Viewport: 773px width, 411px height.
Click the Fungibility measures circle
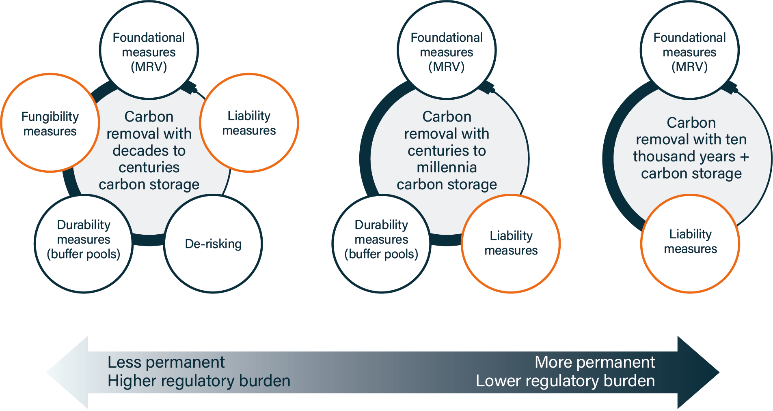50,123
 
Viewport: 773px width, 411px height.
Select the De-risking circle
213,244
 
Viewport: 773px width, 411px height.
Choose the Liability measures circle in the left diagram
249,123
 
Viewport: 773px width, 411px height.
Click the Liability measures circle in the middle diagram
511,243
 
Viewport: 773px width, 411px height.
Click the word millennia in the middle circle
447,167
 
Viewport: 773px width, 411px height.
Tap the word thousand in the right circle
684,156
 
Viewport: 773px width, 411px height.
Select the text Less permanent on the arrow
166,362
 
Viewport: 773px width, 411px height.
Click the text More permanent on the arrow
594,362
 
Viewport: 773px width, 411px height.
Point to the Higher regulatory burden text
199,381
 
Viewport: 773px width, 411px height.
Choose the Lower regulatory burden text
565,381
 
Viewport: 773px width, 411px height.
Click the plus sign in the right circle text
744,157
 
